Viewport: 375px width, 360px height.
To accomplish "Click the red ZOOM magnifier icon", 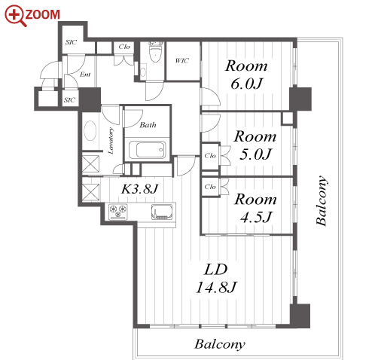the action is pyautogui.click(x=15, y=15).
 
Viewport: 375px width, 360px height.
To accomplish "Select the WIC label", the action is pyautogui.click(x=182, y=61).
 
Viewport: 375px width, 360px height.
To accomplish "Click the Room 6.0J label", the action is pyautogui.click(x=246, y=75).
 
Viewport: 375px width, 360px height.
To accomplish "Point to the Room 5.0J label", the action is pyautogui.click(x=255, y=145).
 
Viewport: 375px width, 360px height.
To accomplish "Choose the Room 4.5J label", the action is pyautogui.click(x=255, y=208).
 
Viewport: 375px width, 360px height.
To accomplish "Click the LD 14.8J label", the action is pyautogui.click(x=216, y=278).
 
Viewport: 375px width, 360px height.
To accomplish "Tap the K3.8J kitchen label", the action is pyautogui.click(x=139, y=189).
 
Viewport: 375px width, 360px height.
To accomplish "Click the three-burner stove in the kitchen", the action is pyautogui.click(x=118, y=212).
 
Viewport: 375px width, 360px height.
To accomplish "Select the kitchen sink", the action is pyautogui.click(x=162, y=212).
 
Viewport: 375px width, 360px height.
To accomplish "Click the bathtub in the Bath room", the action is pyautogui.click(x=148, y=150).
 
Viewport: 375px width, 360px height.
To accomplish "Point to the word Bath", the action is pyautogui.click(x=148, y=125).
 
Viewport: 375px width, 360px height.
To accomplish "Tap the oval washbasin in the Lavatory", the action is pyautogui.click(x=90, y=131).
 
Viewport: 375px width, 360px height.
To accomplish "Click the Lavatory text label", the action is pyautogui.click(x=111, y=141).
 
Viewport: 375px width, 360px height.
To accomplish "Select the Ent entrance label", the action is pyautogui.click(x=85, y=75).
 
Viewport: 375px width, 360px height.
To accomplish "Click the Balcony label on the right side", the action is pyautogui.click(x=322, y=200).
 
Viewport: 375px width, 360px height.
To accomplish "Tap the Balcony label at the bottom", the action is pyautogui.click(x=220, y=344).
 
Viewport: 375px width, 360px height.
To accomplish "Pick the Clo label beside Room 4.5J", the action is pyautogui.click(x=210, y=187).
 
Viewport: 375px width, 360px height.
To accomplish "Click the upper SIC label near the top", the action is pyautogui.click(x=71, y=42).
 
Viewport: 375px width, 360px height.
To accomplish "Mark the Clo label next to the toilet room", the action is pyautogui.click(x=124, y=47).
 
